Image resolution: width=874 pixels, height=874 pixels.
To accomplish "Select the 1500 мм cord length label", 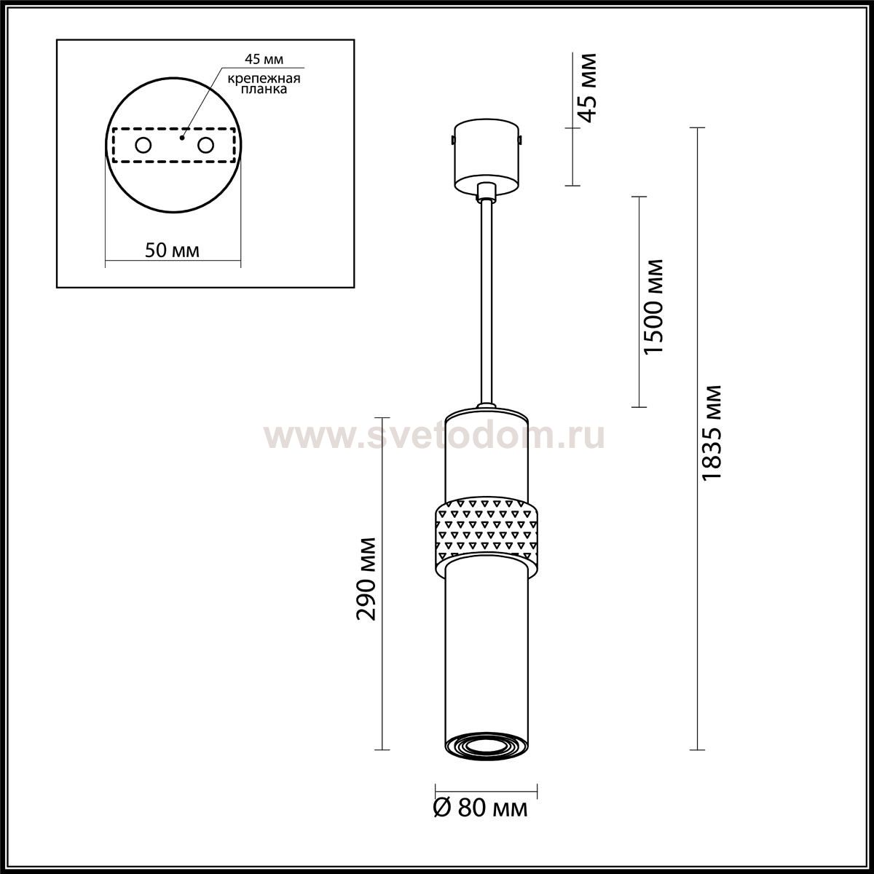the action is tap(653, 306).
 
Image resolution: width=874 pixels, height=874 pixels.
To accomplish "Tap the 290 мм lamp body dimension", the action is tap(366, 579).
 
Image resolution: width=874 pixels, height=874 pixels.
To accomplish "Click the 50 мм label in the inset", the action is tap(172, 250).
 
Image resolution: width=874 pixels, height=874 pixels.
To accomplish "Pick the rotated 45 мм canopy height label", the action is tap(588, 88).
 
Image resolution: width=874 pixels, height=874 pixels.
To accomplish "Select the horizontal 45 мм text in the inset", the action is tap(264, 59).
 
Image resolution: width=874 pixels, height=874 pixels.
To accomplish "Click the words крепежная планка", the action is tap(264, 84).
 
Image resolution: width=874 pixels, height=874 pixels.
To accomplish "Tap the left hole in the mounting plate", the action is tap(143, 146).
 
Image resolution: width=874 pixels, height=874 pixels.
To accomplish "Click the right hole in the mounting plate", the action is tap(205, 146).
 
